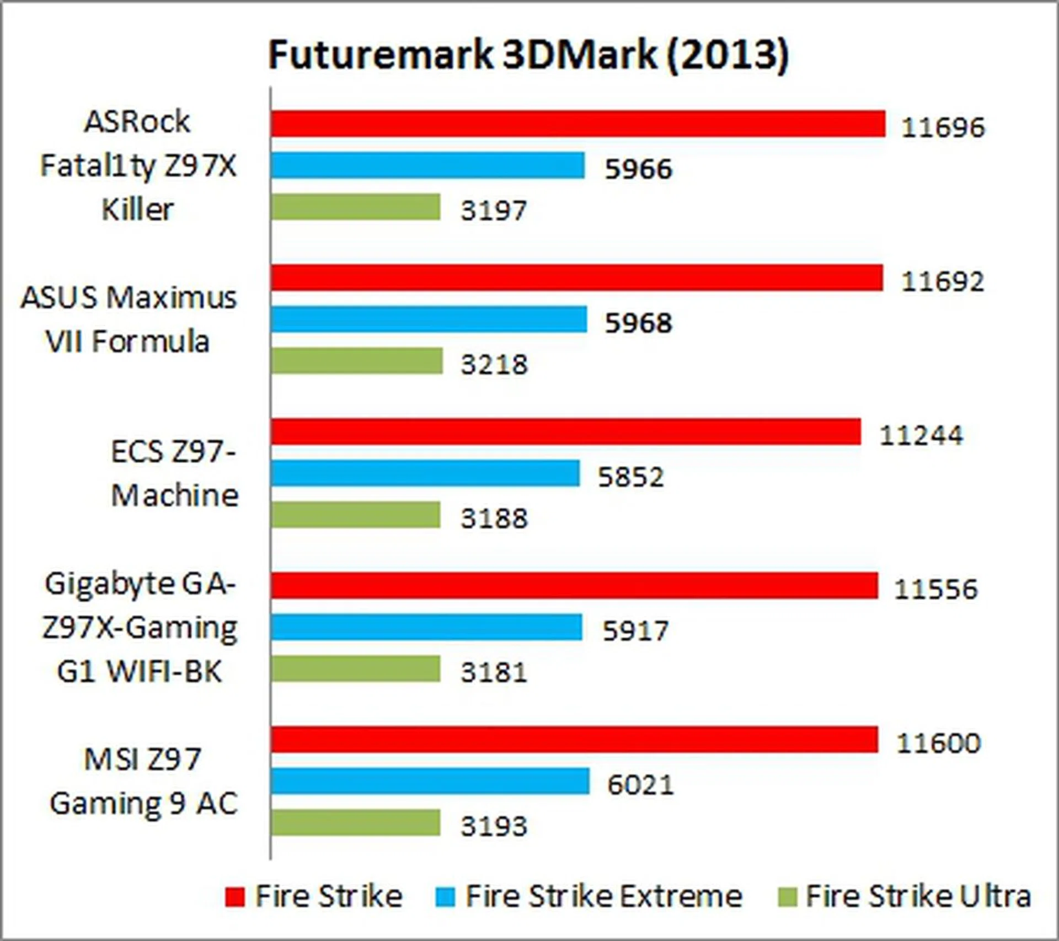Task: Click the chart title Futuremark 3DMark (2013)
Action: pos(528,55)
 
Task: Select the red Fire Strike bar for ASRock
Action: pos(577,124)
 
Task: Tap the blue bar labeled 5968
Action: pos(429,320)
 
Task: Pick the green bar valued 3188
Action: pos(356,515)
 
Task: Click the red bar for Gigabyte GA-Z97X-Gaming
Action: pos(574,586)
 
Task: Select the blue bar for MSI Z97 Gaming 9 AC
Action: pos(430,781)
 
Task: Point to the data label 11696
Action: pos(942,127)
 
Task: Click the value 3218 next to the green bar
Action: pos(494,365)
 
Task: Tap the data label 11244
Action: pos(921,435)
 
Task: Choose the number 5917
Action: pos(635,630)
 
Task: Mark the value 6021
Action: pos(640,784)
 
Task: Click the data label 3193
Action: pos(494,826)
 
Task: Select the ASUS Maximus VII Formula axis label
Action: pos(129,319)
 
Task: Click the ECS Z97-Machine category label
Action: pos(174,473)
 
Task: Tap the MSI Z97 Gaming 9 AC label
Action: pos(143,781)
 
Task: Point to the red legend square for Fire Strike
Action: pos(234,896)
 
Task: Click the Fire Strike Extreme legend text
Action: pos(603,896)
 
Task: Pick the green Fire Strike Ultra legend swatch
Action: pos(787,896)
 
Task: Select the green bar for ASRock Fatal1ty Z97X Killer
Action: pos(356,207)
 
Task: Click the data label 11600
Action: pos(938,743)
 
